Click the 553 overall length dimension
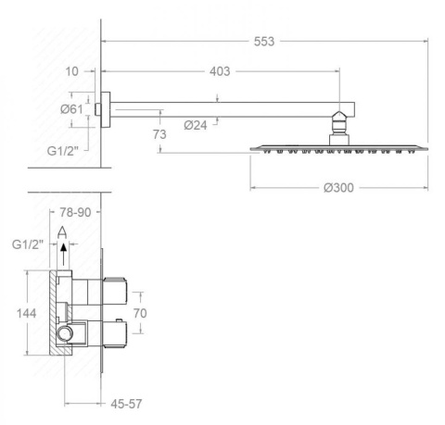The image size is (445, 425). (x=264, y=42)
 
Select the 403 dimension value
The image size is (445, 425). (x=220, y=71)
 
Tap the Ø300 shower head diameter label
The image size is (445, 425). (x=338, y=188)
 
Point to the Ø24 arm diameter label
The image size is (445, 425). (x=196, y=125)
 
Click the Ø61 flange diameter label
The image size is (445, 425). (x=71, y=109)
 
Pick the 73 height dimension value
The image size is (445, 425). (x=159, y=134)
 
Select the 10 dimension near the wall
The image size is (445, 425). (x=71, y=71)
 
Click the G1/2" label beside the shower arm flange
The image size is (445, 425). (x=63, y=151)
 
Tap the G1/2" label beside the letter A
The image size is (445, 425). (x=28, y=244)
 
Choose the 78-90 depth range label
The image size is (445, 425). (x=75, y=212)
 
